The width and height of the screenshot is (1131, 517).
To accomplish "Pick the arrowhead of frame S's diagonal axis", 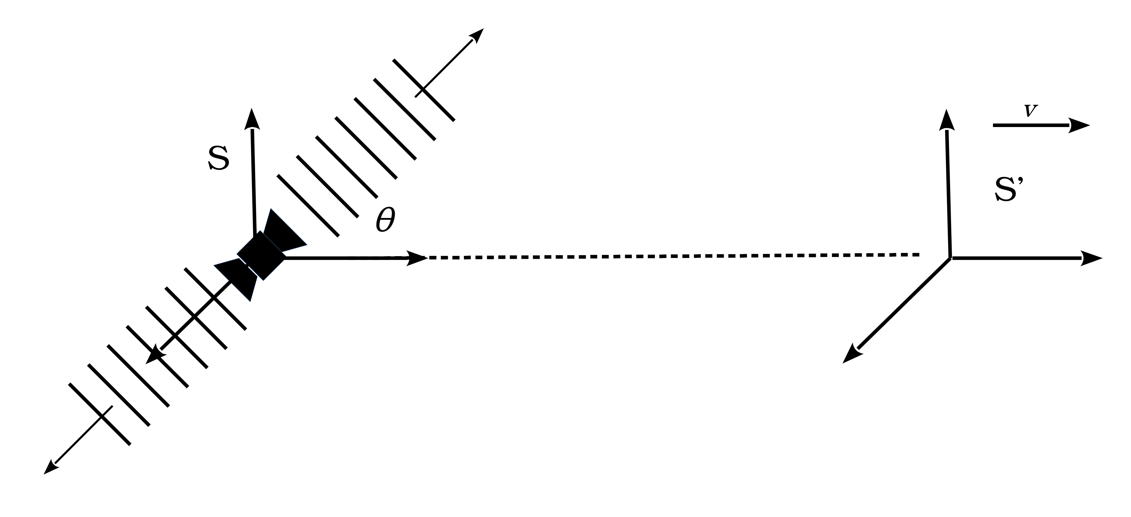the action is (x=154, y=355).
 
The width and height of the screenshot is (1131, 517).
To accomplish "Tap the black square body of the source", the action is (x=261, y=255).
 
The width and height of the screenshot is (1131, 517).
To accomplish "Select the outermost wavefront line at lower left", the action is (x=100, y=414).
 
